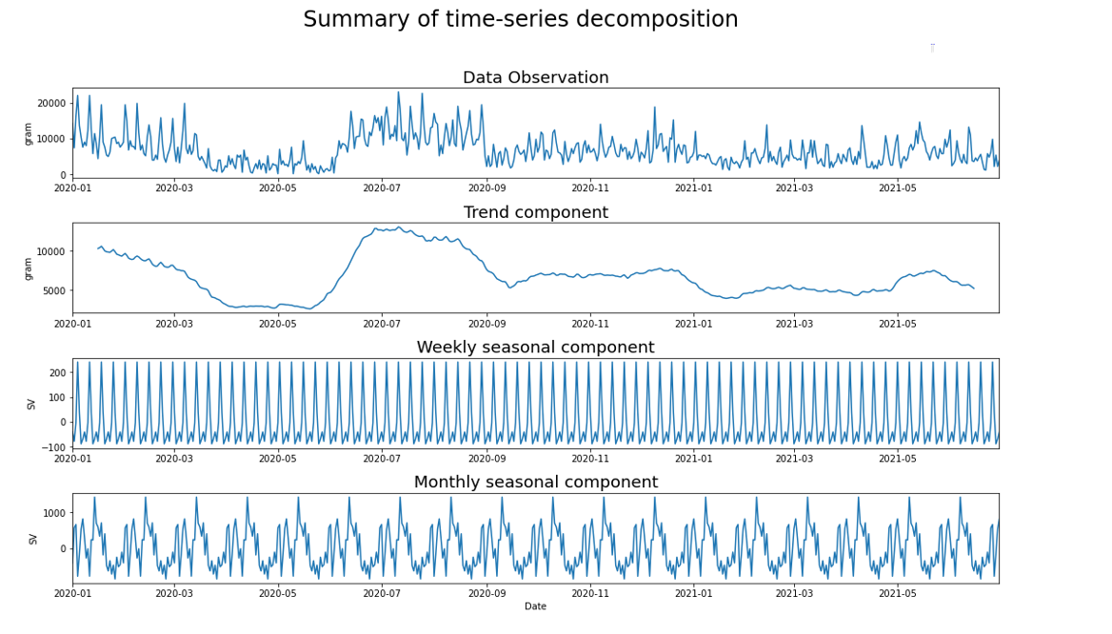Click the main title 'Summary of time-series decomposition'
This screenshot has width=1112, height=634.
pos(520,20)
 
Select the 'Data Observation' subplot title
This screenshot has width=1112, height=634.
pos(535,78)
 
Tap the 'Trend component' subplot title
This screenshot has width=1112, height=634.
pos(535,212)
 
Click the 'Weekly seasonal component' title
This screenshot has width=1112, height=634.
pos(535,347)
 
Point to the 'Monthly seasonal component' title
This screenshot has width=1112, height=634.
pos(535,483)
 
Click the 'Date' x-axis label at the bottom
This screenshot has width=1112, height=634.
pos(535,606)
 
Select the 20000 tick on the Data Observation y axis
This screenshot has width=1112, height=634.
pos(52,103)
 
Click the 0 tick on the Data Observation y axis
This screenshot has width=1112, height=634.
pos(64,175)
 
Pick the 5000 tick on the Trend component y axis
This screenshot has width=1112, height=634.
pos(55,291)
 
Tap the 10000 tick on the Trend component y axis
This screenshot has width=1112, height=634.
pos(52,251)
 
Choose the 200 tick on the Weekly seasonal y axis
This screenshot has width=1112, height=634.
pos(58,373)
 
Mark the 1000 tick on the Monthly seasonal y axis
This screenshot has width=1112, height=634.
pos(55,513)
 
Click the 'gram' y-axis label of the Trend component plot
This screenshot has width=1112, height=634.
pos(29,268)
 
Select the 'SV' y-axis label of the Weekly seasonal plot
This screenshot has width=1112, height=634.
pos(31,404)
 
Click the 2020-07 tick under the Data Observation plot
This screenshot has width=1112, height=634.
pos(382,188)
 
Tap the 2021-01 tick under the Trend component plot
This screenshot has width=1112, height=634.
pos(693,324)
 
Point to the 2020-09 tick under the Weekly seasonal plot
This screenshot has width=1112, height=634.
pos(486,459)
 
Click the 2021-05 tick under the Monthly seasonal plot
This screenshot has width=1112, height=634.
pos(898,593)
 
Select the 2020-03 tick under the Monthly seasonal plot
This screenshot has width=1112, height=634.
pos(174,593)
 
